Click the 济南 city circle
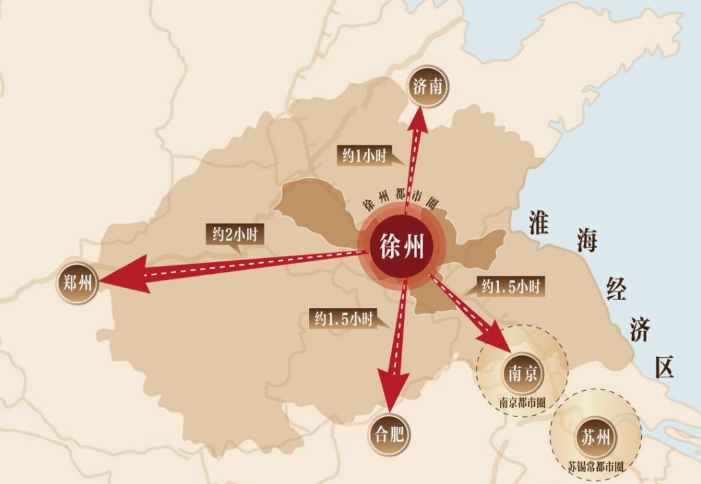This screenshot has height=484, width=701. (x=428, y=85)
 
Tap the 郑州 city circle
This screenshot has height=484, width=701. (x=77, y=284)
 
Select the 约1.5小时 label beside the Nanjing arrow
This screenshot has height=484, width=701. (x=510, y=286)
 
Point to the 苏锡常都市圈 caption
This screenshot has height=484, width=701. (x=596, y=467)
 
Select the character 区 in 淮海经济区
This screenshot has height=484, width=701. (x=664, y=368)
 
